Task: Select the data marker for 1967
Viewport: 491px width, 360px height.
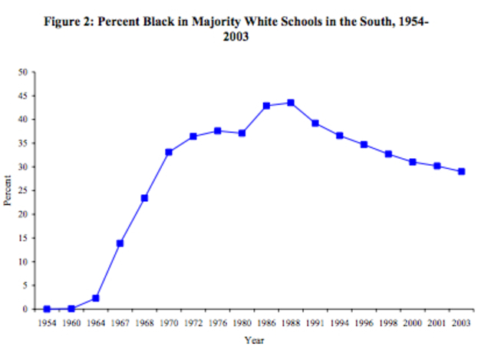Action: coord(120,243)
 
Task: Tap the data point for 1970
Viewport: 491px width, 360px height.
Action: coord(169,152)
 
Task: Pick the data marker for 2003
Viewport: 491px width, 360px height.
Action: coord(462,171)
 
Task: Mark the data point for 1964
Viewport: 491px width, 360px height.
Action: coord(95,298)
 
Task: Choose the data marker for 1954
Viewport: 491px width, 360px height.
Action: coord(47,309)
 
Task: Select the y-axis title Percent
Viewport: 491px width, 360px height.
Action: coord(8,190)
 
